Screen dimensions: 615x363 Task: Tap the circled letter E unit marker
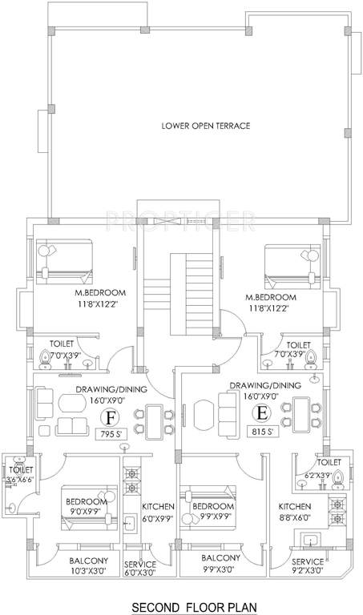pyautogui.click(x=260, y=414)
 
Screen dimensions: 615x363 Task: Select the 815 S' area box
pyautogui.click(x=259, y=432)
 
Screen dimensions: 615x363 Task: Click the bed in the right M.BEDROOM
pyautogui.click(x=289, y=264)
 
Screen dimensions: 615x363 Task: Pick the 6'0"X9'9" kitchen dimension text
pyautogui.click(x=157, y=518)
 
